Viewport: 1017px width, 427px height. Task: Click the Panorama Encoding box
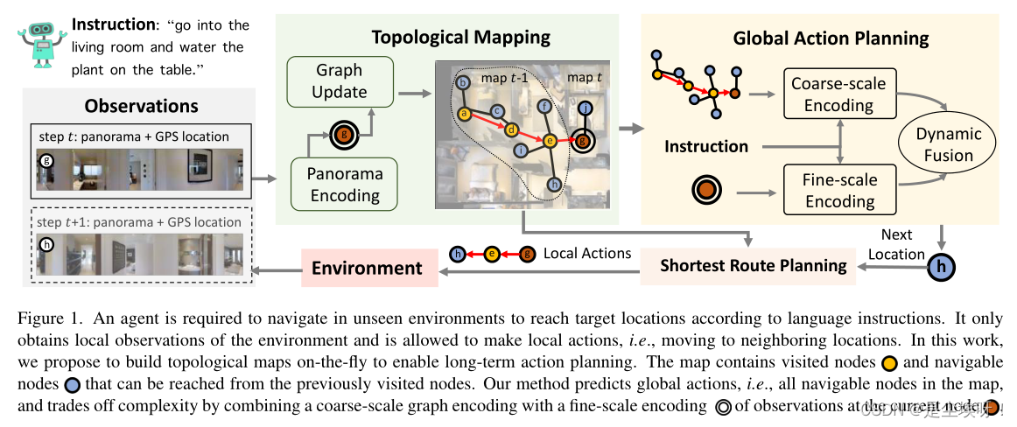point(344,184)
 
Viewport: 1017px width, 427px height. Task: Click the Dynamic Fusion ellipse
point(948,145)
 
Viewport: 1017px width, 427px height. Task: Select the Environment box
point(368,268)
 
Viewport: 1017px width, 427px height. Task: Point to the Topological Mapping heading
point(460,37)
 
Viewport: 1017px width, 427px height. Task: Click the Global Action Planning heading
point(831,38)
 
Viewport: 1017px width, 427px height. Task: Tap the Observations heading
point(141,106)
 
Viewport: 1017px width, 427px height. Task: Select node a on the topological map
point(465,114)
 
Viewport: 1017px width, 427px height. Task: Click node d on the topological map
point(512,129)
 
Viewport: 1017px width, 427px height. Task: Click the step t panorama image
point(139,168)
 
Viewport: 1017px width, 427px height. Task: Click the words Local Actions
point(586,253)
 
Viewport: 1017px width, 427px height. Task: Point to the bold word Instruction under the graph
point(706,146)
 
